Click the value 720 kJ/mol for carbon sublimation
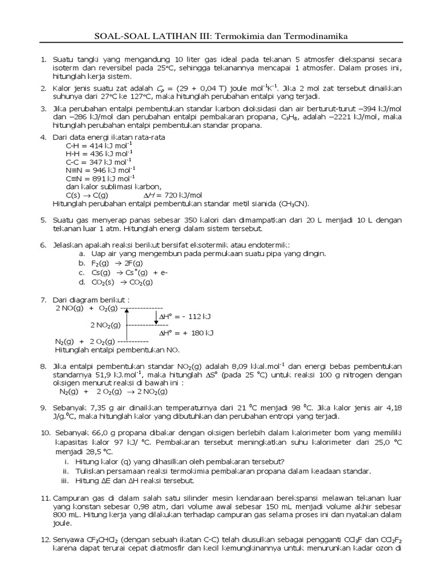click(x=176, y=194)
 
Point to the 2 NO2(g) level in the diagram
click(x=105, y=325)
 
